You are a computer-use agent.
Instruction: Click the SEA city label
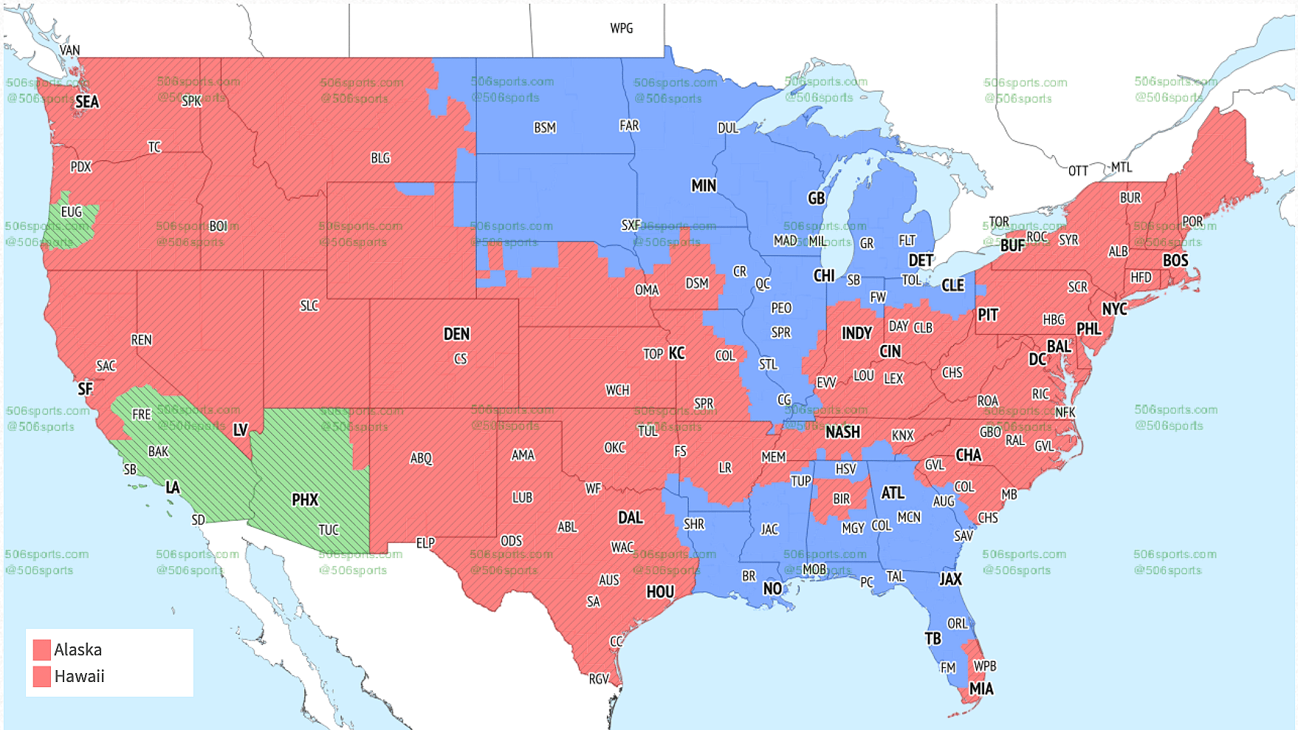[87, 102]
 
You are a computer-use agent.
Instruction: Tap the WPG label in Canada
[621, 28]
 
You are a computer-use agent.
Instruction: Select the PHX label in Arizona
[305, 500]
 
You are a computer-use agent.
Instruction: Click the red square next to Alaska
[42, 649]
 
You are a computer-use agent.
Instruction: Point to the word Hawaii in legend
[79, 676]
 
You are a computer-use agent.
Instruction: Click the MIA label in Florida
[981, 689]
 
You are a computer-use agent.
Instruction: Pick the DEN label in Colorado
[456, 334]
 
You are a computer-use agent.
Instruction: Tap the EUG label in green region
[72, 212]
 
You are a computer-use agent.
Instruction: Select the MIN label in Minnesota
[703, 185]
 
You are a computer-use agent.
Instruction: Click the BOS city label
[1175, 260]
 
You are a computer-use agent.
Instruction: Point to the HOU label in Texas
[660, 592]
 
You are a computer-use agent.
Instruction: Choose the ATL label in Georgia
[893, 493]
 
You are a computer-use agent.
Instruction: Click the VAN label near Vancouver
[69, 50]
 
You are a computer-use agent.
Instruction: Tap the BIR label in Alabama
[841, 499]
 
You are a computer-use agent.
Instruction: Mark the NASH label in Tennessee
[842, 432]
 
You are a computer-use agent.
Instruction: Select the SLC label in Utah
[309, 306]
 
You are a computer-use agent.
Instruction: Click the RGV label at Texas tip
[599, 679]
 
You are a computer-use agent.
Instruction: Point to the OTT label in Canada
[1078, 171]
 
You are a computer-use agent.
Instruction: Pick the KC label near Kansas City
[677, 353]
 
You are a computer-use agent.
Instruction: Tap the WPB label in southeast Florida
[985, 666]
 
